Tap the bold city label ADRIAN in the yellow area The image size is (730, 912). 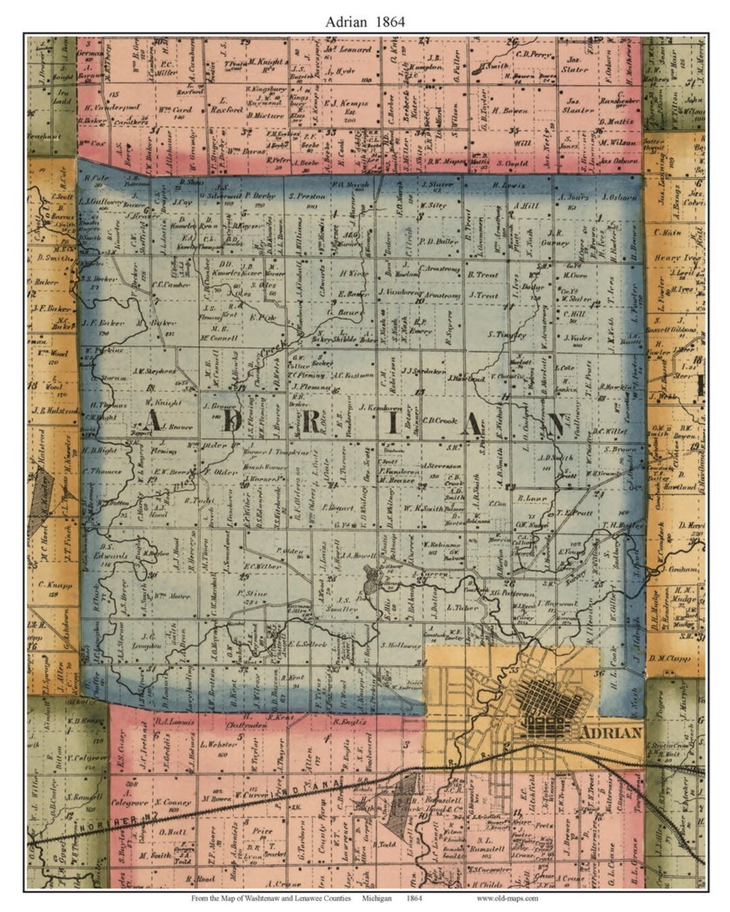click(x=611, y=732)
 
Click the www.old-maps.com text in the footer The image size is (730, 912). click(x=507, y=898)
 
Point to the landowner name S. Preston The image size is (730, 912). click(x=307, y=197)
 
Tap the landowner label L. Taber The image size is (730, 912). click(x=462, y=607)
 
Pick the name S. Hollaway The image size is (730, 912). click(x=401, y=644)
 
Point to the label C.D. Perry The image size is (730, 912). click(x=534, y=54)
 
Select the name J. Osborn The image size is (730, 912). click(x=618, y=197)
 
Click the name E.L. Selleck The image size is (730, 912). click(x=308, y=644)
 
